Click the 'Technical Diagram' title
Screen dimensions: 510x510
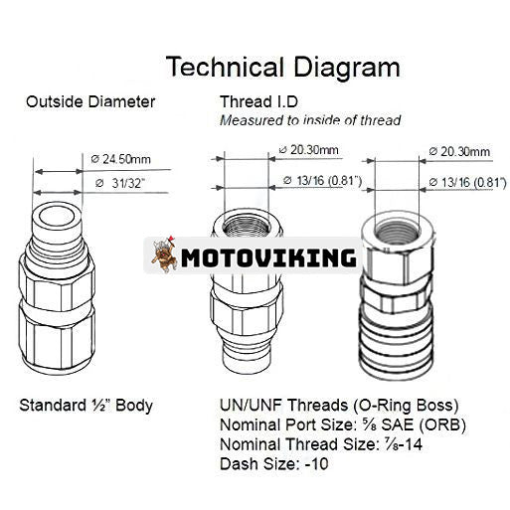tap(283, 68)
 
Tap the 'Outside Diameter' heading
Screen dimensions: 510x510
tap(90, 101)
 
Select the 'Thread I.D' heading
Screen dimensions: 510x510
tap(258, 101)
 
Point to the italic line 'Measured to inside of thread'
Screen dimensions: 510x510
tap(310, 120)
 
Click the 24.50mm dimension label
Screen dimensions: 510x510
tap(121, 159)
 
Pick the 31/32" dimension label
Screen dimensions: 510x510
tap(120, 183)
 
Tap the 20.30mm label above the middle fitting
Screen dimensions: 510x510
tap(309, 150)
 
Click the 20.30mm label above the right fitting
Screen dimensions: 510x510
tap(459, 152)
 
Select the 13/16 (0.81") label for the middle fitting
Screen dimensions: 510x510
tap(322, 181)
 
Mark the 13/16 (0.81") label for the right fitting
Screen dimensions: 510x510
tap(467, 182)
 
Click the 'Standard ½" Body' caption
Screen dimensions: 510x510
tap(85, 406)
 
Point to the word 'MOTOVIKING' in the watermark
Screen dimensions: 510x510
tap(268, 257)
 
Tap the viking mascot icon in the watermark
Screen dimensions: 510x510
tap(164, 254)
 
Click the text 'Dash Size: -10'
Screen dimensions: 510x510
tap(274, 463)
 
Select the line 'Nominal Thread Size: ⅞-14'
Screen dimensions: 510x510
tap(321, 444)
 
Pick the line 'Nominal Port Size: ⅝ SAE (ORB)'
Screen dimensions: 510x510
tap(343, 425)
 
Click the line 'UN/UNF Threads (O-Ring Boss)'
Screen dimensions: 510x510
tap(339, 405)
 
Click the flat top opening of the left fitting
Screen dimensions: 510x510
tap(57, 217)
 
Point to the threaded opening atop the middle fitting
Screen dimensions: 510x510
tap(247, 226)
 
